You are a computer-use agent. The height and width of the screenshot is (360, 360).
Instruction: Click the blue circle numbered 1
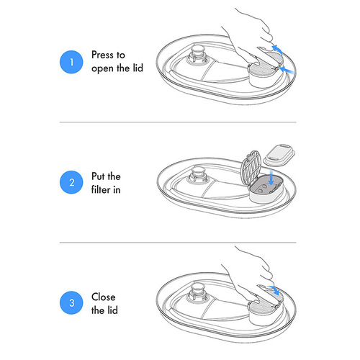[71, 62]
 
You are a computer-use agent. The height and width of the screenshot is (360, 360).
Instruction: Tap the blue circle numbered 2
[71, 182]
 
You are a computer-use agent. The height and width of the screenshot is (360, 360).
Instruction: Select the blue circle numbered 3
[71, 302]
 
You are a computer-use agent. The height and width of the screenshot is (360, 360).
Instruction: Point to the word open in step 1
[103, 69]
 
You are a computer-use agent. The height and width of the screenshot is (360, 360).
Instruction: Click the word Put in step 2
[99, 176]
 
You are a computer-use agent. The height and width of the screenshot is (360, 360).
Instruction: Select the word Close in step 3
[104, 297]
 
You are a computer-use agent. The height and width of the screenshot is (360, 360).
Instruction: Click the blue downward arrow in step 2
[271, 177]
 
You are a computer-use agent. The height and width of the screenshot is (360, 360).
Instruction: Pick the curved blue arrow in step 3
[274, 289]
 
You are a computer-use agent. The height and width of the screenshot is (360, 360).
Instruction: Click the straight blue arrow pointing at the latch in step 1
[287, 70]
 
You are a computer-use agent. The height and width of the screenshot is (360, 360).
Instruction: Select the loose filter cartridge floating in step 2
[279, 155]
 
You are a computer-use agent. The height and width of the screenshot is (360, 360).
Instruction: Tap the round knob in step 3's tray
[197, 292]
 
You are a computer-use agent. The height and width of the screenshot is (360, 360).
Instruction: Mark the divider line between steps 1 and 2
[178, 122]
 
